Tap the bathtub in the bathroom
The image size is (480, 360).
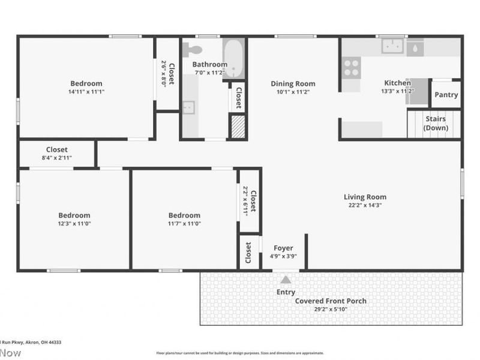[x=233, y=59]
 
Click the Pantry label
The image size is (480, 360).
[x=446, y=95]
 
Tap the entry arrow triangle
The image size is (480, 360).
[x=286, y=279]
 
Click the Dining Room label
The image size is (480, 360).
[x=293, y=84]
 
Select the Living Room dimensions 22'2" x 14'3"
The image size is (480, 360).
[x=365, y=205]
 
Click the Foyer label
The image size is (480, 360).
[x=283, y=248]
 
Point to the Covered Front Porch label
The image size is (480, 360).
[x=331, y=301]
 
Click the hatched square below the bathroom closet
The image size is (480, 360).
[x=238, y=127]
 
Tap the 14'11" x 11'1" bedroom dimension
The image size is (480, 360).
[x=86, y=92]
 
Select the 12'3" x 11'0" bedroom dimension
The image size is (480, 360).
[x=74, y=224]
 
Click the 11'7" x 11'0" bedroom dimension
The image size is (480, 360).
[x=184, y=224]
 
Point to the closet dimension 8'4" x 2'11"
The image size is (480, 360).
[x=57, y=158]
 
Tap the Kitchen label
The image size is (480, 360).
[x=397, y=83]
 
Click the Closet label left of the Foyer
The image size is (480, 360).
[x=248, y=253]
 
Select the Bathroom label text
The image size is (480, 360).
[x=209, y=64]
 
